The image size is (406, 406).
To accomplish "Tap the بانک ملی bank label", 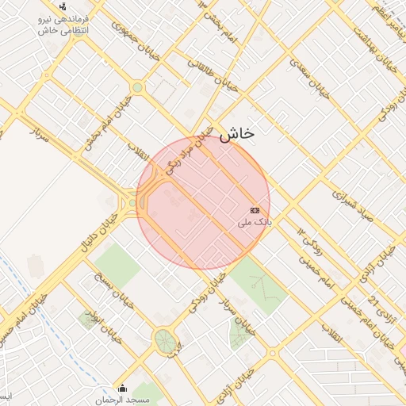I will tap(255, 224).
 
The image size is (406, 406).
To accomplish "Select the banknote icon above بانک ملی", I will tap(255, 210).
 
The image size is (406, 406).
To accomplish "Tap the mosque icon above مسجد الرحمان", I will tap(122, 388).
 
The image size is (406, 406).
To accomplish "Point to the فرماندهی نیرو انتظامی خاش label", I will tap(63, 23).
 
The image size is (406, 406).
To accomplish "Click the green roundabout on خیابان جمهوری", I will tap(137, 87).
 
